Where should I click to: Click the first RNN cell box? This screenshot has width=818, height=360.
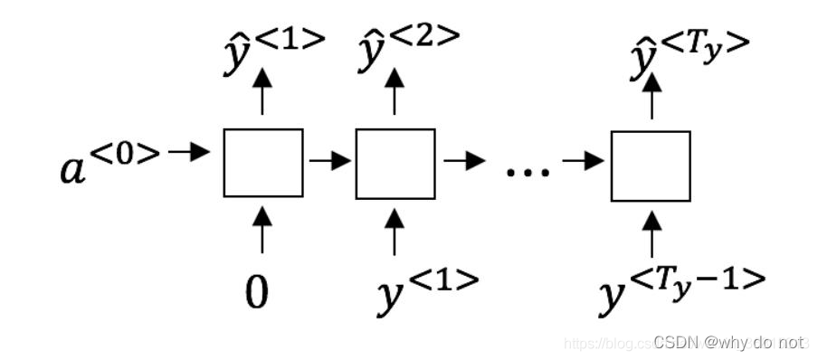pos(262,163)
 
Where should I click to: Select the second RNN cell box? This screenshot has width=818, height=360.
pos(395,164)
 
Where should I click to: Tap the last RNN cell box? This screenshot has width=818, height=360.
pos(651,166)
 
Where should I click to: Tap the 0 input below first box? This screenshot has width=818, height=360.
pos(257,293)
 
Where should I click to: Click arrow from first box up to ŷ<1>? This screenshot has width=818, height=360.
pos(262,93)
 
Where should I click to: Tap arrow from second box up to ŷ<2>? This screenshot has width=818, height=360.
pos(395,93)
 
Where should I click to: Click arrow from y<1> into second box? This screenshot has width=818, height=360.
pos(395,231)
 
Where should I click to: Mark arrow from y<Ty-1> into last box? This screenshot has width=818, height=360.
pos(651,232)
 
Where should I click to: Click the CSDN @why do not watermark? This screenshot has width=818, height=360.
pos(728,342)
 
